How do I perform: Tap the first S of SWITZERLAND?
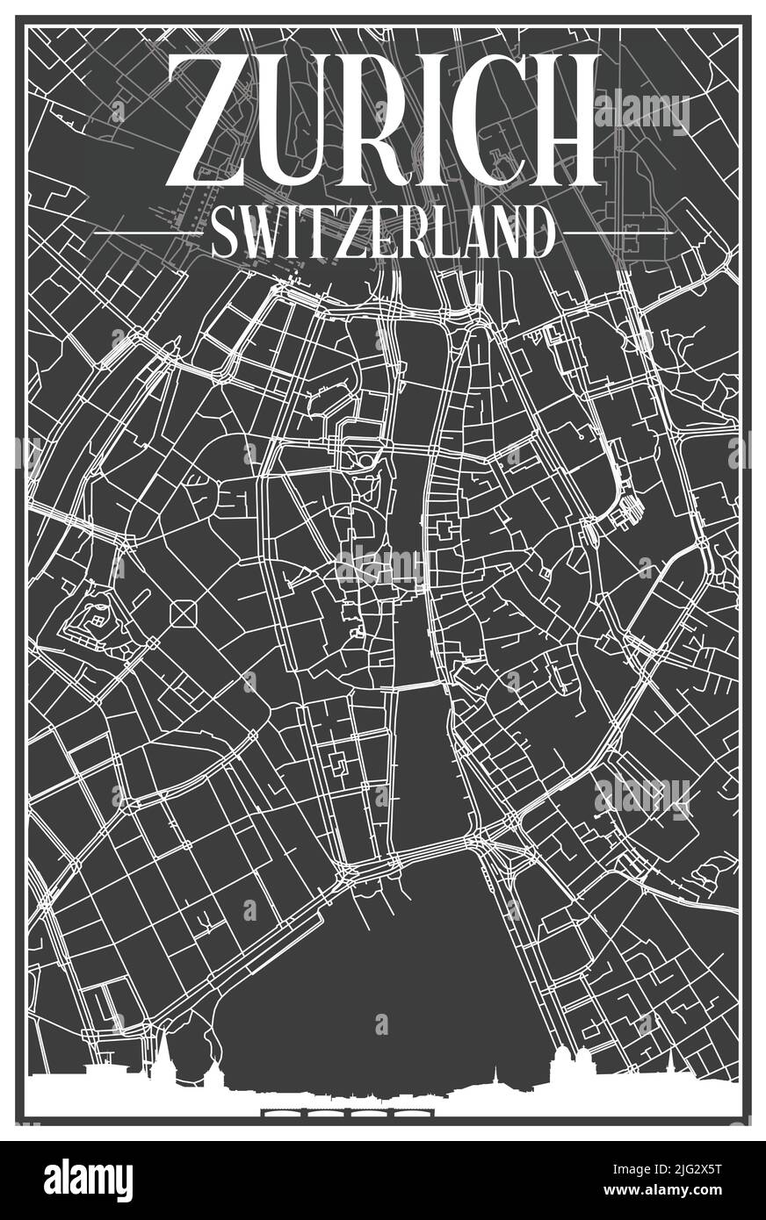coord(223,233)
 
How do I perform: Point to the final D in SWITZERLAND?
coord(538,233)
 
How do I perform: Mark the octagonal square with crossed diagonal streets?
coord(183,614)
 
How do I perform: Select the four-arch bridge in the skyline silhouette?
coord(338,1116)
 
